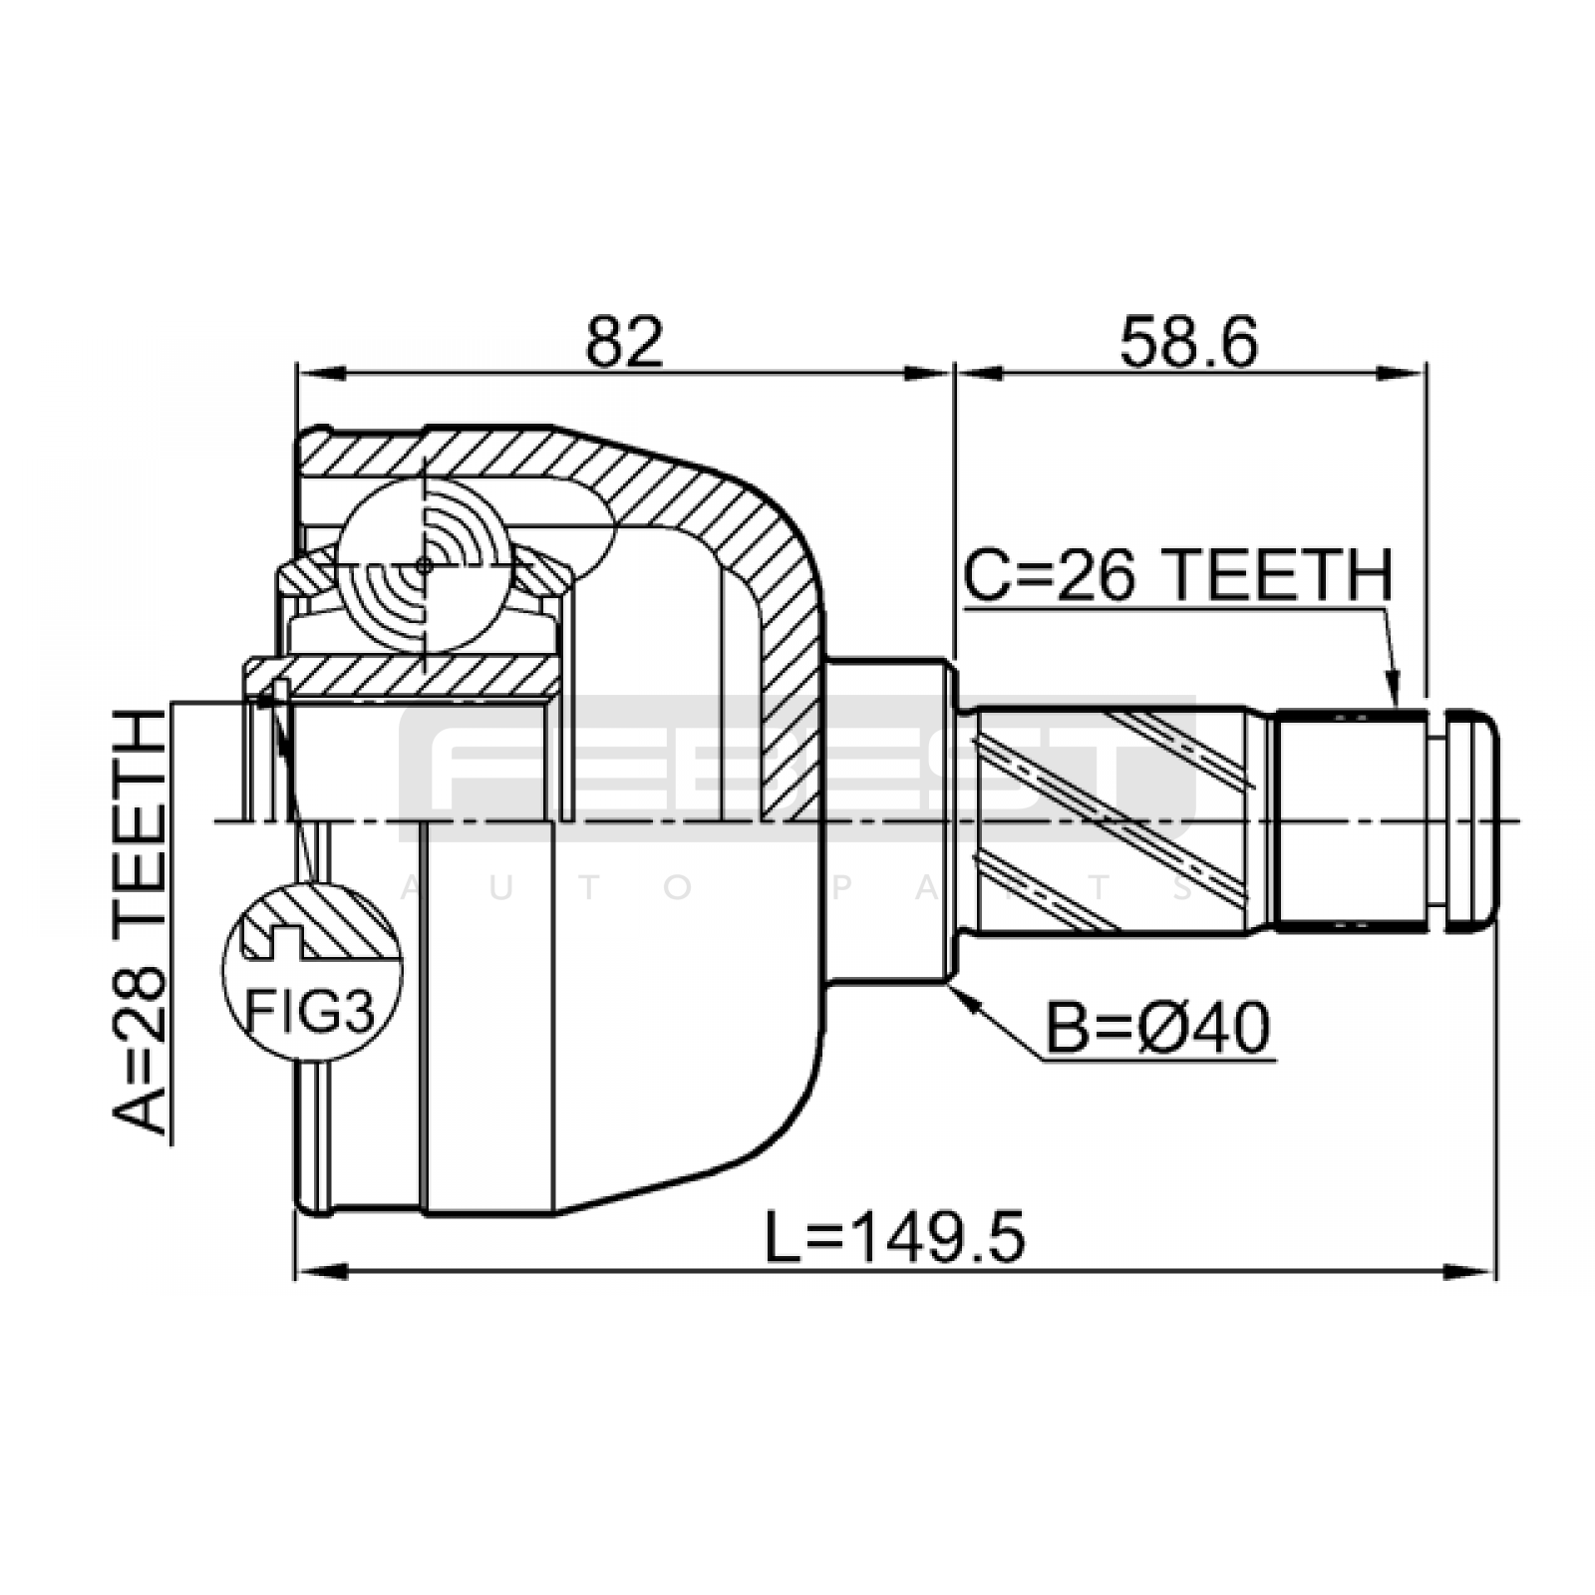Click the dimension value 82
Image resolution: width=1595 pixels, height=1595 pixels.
625,342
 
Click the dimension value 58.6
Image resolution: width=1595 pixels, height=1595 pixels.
1188,342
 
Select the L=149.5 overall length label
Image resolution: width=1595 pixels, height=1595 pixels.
894,1237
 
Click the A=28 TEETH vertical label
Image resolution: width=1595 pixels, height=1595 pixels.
139,923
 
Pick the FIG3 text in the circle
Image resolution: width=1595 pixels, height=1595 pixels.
310,1013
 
